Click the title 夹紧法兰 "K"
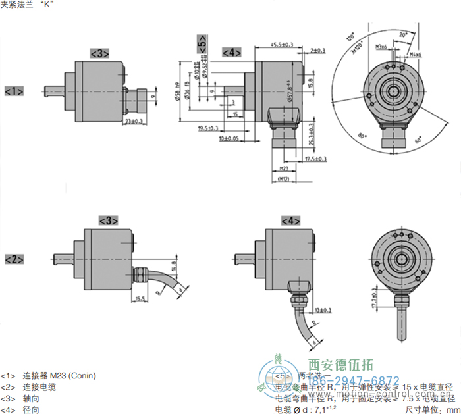(x=28, y=5)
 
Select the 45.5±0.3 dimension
(x=281, y=44)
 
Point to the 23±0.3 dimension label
(x=134, y=121)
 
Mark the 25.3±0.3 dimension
(x=310, y=136)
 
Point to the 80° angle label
(x=361, y=136)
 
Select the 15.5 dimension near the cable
(x=139, y=298)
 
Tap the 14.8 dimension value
(x=174, y=267)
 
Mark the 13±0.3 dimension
(x=323, y=309)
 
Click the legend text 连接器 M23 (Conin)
(x=59, y=376)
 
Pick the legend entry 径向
(x=30, y=409)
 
